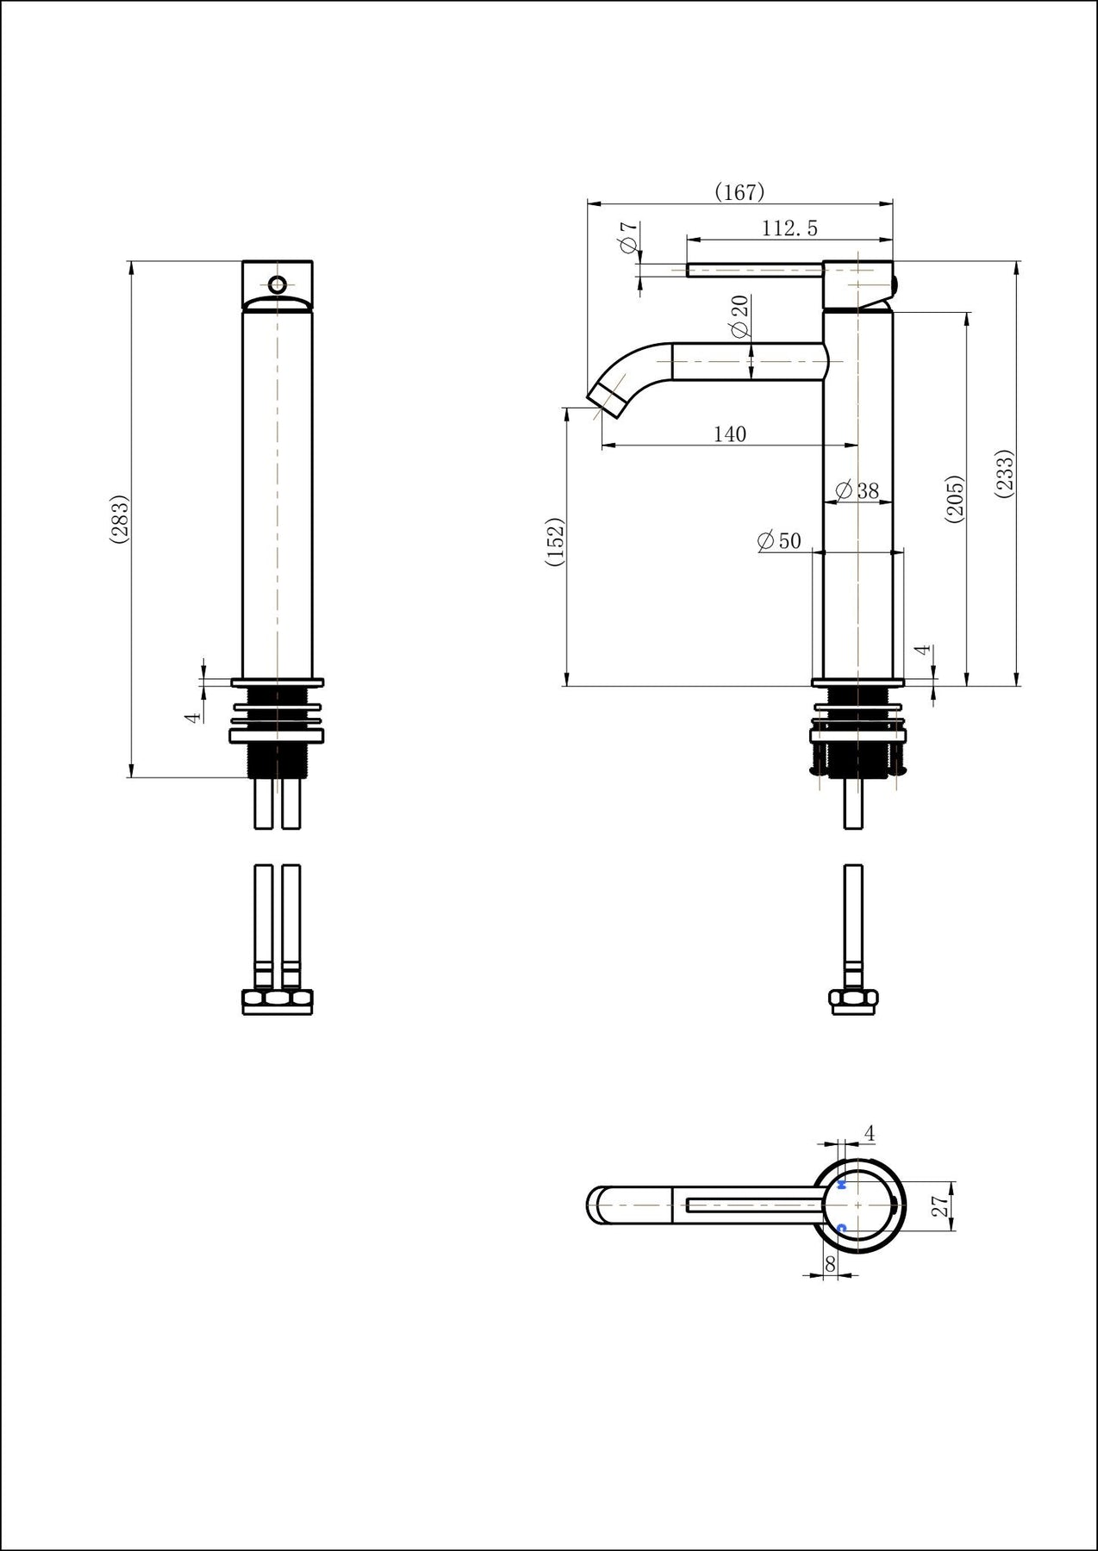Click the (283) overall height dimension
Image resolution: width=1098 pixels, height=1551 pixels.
pos(120,519)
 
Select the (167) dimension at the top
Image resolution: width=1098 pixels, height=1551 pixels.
pos(739,192)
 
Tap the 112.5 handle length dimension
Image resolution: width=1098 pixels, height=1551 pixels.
pos(789,228)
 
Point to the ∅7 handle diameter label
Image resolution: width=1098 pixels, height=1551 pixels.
pos(628,238)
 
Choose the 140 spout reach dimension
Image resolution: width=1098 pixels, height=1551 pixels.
pos(729,434)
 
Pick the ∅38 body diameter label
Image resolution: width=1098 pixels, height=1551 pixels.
pos(858,491)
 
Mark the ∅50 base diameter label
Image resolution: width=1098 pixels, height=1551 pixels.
pos(779,541)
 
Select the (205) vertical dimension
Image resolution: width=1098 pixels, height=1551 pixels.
pos(954,498)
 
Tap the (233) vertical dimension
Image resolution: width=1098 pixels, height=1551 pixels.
pos(1005,473)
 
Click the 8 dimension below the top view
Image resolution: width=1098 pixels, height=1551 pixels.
pos(830,1263)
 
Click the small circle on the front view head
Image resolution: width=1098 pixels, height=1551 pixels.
pos(278,283)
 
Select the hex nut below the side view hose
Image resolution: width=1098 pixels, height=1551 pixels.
pos(853,1000)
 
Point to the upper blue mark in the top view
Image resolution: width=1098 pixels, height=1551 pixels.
pos(842,1186)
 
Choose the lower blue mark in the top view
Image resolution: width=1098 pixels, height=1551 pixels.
pos(842,1227)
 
